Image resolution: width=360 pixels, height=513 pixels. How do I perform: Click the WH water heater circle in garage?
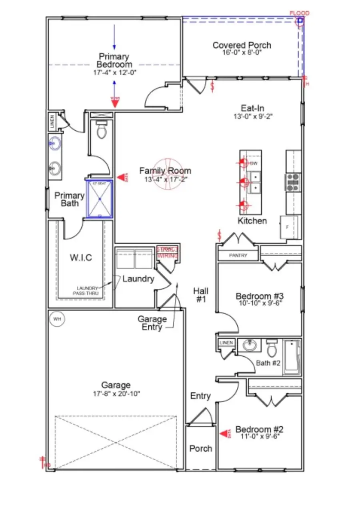[x=57, y=319]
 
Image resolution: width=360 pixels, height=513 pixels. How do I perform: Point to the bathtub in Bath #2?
[x=292, y=357]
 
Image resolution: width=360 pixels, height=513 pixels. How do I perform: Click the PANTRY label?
[x=238, y=255]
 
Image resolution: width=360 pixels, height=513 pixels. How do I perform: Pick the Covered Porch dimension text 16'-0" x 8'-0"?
[x=242, y=52]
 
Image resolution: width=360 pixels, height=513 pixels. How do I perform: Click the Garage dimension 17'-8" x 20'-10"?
[x=116, y=393]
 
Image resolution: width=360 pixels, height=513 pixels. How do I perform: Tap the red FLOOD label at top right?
[x=299, y=13]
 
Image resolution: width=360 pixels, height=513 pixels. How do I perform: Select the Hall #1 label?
[x=200, y=294]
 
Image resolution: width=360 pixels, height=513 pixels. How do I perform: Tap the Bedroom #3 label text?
[x=260, y=296]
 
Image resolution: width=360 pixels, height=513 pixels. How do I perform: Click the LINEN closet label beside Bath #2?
[x=226, y=343]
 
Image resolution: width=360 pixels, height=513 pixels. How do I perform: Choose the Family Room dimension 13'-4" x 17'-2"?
[x=165, y=180]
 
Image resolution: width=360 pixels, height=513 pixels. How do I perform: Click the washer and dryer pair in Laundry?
[x=134, y=259]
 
